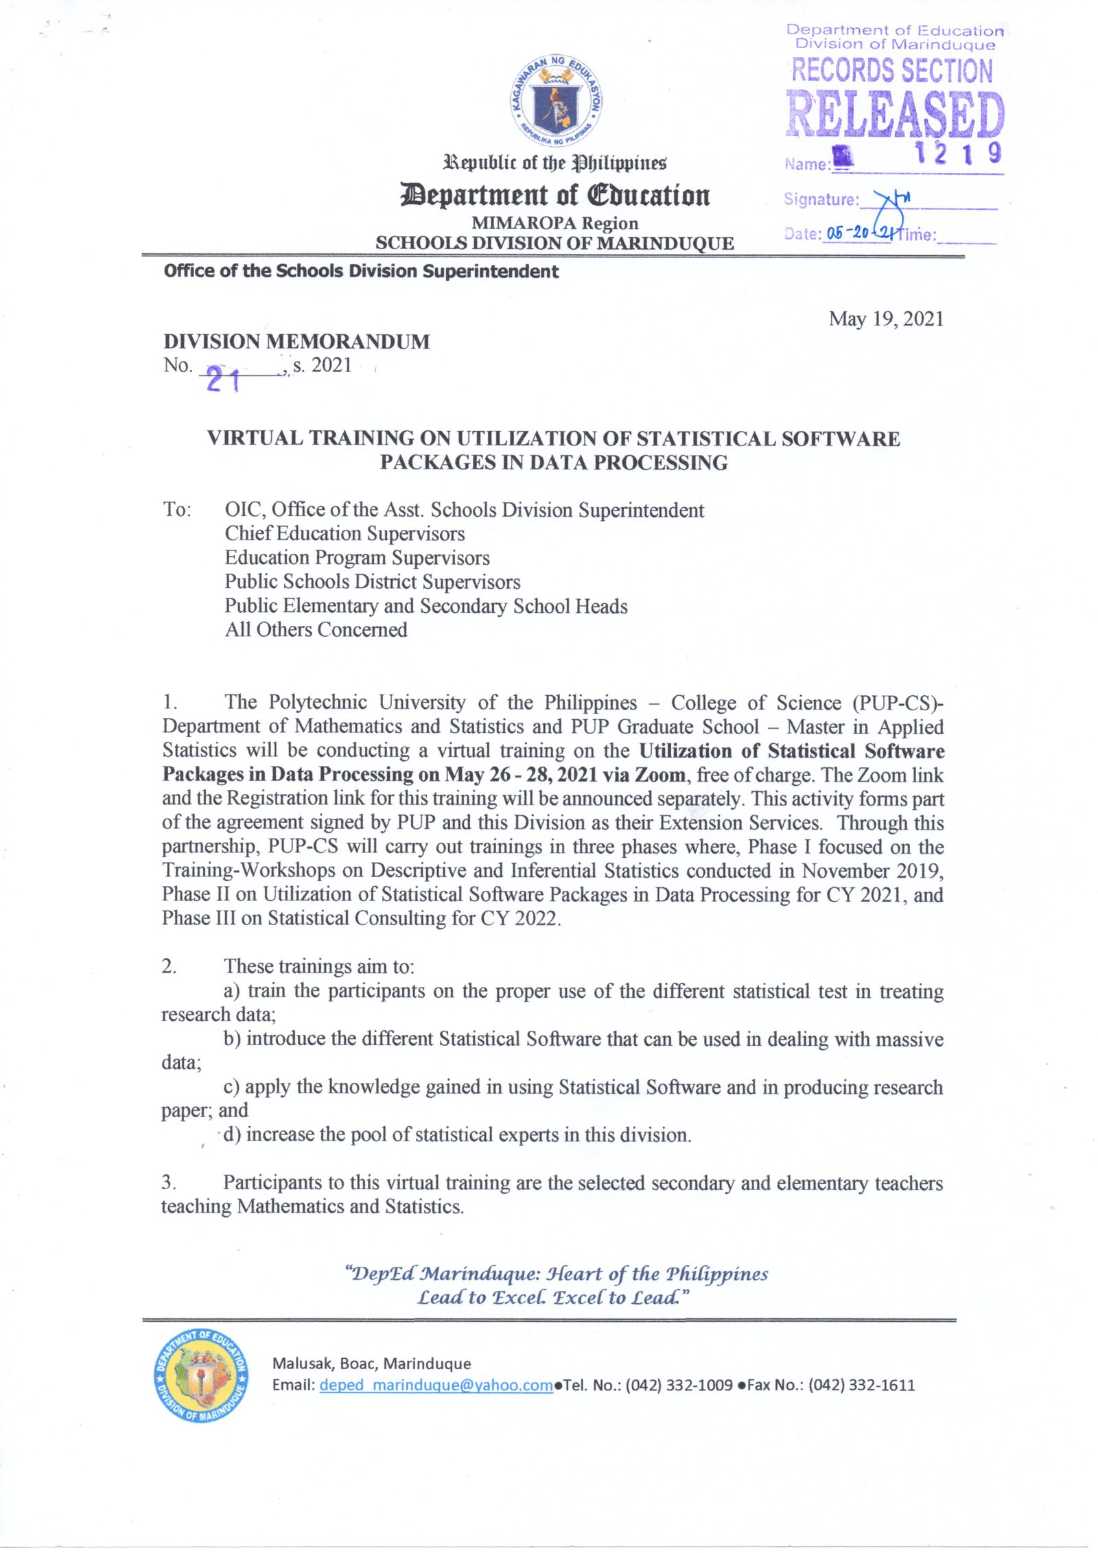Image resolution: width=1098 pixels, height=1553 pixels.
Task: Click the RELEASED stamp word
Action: click(894, 113)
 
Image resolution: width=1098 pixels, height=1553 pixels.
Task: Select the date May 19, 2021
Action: click(885, 318)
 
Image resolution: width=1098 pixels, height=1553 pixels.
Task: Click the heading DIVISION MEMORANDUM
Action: click(296, 341)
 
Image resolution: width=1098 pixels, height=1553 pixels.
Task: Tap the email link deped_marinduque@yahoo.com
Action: click(436, 1385)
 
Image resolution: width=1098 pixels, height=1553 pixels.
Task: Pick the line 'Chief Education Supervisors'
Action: click(344, 533)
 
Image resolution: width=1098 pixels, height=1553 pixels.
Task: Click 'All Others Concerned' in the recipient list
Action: click(316, 629)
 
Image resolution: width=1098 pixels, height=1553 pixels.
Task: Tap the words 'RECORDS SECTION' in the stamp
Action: click(891, 71)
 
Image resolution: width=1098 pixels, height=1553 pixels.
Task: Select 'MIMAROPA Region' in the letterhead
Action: click(554, 223)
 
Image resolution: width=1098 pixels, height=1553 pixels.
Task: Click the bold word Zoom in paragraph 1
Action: click(659, 775)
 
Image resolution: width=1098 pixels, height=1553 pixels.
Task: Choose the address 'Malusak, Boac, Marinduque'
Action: click(371, 1364)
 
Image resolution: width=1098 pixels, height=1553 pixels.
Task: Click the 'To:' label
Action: click(177, 509)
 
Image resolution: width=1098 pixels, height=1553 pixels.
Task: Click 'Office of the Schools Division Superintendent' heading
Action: click(361, 271)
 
